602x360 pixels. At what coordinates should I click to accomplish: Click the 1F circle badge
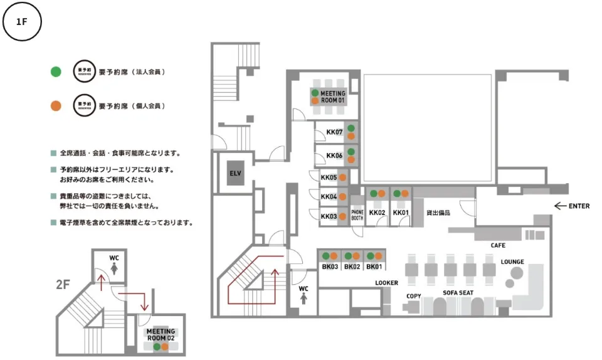coord(22,22)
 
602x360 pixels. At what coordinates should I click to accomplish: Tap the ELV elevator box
coord(235,173)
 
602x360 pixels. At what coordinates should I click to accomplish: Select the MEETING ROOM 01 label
coord(332,97)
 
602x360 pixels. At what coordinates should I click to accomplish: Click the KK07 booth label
coord(334,132)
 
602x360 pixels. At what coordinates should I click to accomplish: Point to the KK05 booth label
coord(329,177)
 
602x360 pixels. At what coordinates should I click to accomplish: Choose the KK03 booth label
coord(329,216)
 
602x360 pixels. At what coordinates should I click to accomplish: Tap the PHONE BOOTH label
coord(357,215)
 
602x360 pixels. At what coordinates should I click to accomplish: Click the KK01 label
coord(401,213)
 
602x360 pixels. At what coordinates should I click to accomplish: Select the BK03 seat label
coord(330,267)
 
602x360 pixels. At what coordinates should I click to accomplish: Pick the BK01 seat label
coord(374,267)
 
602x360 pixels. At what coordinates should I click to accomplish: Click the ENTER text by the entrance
coord(579,206)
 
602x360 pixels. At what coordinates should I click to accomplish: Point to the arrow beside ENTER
coord(560,206)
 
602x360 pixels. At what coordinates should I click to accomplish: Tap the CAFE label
coord(498,245)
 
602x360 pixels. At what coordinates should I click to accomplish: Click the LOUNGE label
coord(512,262)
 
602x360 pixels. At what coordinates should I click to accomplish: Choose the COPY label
coord(413,295)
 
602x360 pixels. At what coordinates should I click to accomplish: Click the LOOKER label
coord(386,283)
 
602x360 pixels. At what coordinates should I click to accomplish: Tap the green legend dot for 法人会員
coord(56,71)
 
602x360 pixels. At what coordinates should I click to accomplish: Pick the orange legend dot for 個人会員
coord(56,105)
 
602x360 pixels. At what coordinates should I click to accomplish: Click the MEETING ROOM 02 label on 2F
coord(161,334)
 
